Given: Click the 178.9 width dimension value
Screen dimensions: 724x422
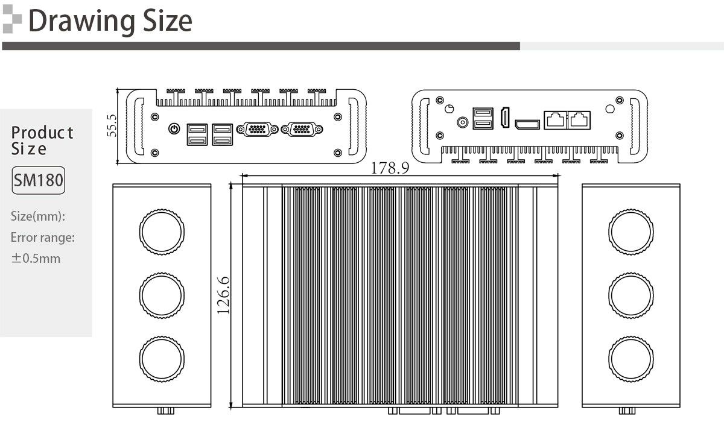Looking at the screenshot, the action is pyautogui.click(x=390, y=168).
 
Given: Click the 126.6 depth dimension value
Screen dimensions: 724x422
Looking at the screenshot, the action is pyautogui.click(x=223, y=295).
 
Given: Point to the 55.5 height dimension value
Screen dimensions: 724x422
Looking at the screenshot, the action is pyautogui.click(x=112, y=125).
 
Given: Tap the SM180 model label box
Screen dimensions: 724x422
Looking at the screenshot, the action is pyautogui.click(x=38, y=180).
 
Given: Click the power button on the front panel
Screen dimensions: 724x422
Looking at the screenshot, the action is pyautogui.click(x=174, y=129).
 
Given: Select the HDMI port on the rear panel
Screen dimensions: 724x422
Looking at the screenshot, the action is pyautogui.click(x=505, y=117).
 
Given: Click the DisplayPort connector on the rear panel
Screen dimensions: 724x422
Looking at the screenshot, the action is pyautogui.click(x=527, y=124).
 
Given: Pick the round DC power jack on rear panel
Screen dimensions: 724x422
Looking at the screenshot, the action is pyautogui.click(x=463, y=122).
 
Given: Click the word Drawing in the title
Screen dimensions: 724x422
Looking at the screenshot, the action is pyautogui.click(x=81, y=22).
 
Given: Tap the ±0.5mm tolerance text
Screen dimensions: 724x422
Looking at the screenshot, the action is pyautogui.click(x=36, y=258).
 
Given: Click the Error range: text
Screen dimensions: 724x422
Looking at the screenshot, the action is pyautogui.click(x=43, y=238).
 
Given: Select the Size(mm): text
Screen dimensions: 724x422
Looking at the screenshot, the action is pyautogui.click(x=38, y=216).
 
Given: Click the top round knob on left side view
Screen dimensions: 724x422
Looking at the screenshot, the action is pyautogui.click(x=162, y=232).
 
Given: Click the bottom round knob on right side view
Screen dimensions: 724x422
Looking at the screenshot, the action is pyautogui.click(x=631, y=359).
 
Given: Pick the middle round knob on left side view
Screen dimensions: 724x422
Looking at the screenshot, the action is pyautogui.click(x=162, y=295).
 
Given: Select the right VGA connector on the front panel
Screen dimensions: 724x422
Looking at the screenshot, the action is pyautogui.click(x=302, y=129).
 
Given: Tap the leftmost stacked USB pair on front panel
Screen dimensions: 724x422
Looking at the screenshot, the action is pyautogui.click(x=197, y=134).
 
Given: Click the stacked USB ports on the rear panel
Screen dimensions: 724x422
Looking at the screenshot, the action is pyautogui.click(x=483, y=119).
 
